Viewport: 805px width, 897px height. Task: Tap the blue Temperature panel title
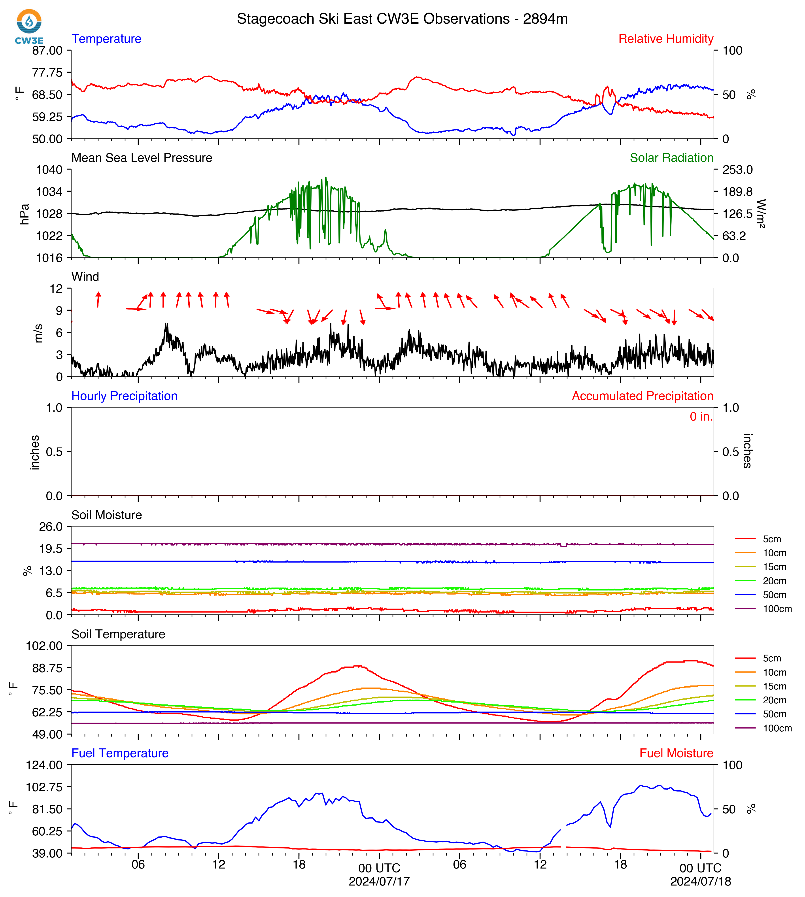click(x=107, y=39)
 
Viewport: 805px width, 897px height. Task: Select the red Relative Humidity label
click(x=666, y=39)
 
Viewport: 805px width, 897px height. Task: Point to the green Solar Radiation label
click(x=671, y=158)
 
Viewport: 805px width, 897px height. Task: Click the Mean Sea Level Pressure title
click(x=142, y=158)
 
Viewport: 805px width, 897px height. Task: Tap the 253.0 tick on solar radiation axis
click(x=737, y=170)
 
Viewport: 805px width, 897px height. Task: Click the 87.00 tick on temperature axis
click(x=47, y=50)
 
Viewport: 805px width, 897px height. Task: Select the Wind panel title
click(x=85, y=277)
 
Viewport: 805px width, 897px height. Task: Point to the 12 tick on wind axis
click(x=56, y=289)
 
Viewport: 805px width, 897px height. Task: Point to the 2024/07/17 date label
click(x=379, y=882)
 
